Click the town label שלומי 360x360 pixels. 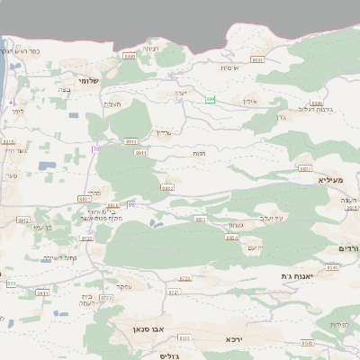tap(88, 81)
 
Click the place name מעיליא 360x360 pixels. tap(331, 180)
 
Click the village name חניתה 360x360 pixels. tap(150, 48)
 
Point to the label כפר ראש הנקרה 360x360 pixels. tap(22, 50)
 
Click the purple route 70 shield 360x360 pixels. tap(94, 148)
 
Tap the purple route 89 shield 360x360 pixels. tap(131, 205)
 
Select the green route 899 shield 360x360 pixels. tap(210, 98)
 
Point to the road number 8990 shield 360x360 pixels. tap(129, 56)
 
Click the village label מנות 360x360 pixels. tap(197, 155)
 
